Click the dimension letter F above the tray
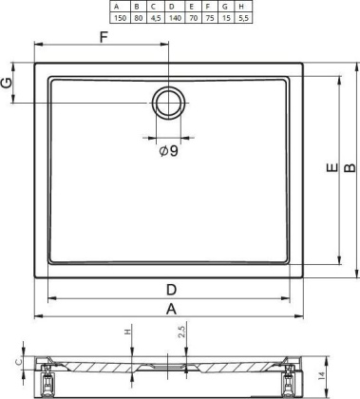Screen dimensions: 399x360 point(104,36)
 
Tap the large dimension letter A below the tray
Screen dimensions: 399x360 point(172,309)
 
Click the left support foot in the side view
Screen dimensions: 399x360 point(42,381)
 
